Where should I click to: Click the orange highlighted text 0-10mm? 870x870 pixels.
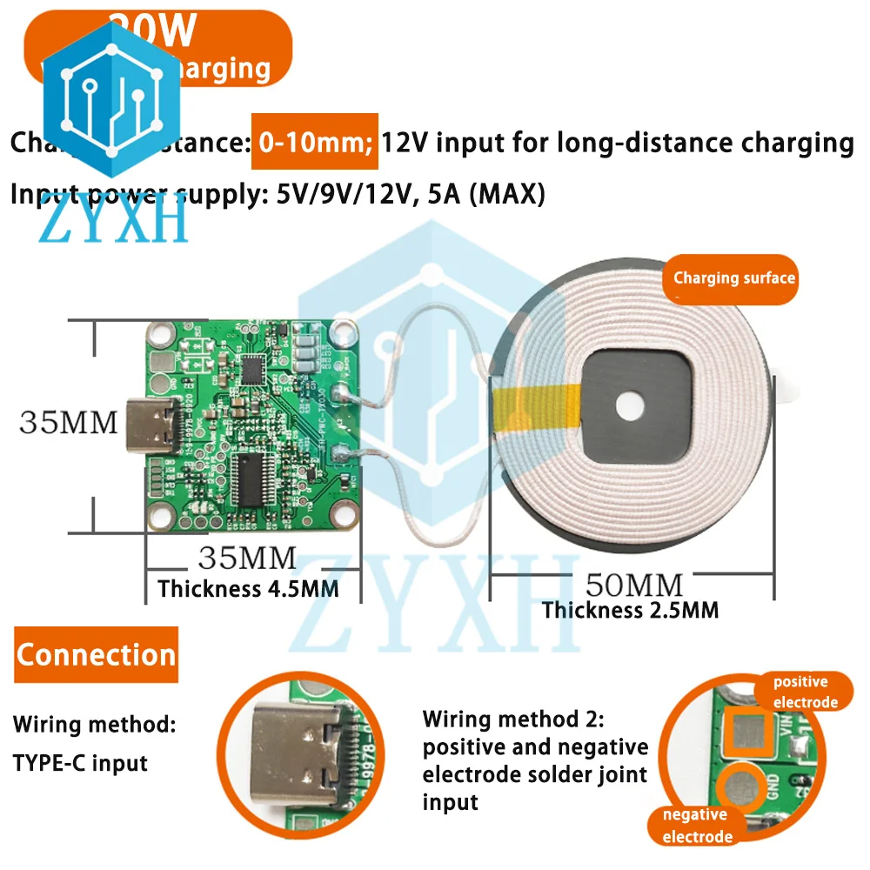tap(315, 141)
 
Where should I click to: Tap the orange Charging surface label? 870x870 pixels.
tap(733, 278)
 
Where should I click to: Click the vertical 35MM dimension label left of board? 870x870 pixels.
tap(68, 423)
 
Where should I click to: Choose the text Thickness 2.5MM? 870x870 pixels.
tap(631, 610)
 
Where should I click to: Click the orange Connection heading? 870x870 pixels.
tap(96, 654)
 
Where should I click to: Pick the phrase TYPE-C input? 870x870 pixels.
tap(80, 763)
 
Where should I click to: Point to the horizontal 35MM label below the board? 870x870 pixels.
tap(247, 557)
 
